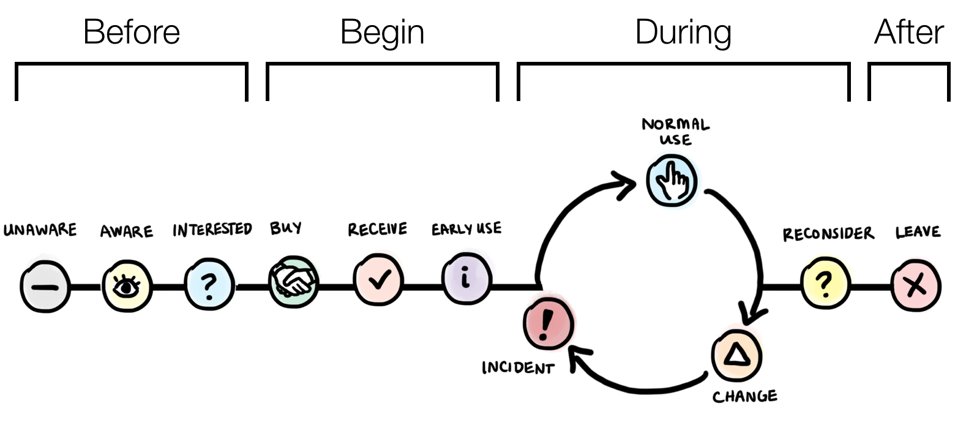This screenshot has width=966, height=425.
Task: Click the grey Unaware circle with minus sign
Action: coord(44,287)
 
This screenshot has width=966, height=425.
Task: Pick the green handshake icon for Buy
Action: coord(293,282)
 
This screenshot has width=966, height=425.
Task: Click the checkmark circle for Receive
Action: coord(379,280)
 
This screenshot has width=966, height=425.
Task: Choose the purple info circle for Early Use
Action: coord(466,279)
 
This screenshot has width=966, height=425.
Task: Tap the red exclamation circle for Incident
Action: coord(548,322)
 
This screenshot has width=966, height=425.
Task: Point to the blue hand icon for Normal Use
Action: coord(672,180)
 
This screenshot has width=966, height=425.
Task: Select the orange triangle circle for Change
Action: coord(736,355)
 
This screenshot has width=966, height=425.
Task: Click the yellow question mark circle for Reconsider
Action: coord(825,284)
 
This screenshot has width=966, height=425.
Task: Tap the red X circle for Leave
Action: coord(915,285)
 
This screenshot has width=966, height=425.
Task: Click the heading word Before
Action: coord(131,32)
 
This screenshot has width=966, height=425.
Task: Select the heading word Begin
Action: coord(382,32)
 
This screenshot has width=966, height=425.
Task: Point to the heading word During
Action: coord(683,32)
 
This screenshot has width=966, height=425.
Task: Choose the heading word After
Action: coord(909,32)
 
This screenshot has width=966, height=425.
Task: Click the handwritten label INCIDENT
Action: coord(518,367)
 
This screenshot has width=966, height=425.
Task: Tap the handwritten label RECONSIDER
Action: coord(828,234)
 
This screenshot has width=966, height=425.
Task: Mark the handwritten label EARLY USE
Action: coord(466,229)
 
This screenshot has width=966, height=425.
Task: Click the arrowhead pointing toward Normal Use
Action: coord(627,184)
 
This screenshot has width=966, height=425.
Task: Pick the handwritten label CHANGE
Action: coord(745,396)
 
